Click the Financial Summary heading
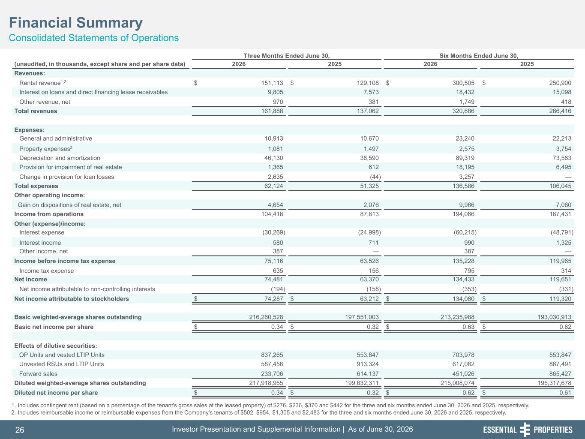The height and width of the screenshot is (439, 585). tap(76, 23)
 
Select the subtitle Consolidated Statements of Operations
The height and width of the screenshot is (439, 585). tap(94, 38)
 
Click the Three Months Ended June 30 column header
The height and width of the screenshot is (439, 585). tap(287, 56)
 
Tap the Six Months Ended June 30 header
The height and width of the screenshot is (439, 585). tap(479, 56)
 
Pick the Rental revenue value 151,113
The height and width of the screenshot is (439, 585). tap(272, 83)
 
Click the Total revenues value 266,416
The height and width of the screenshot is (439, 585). tap(560, 111)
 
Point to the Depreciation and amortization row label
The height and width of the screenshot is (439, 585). tap(60, 158)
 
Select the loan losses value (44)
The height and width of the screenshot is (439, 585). tap(375, 177)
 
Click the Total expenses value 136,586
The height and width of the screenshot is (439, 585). tap(463, 186)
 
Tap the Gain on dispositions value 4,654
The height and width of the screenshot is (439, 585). tap(275, 204)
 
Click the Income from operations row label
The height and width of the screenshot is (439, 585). tap(49, 214)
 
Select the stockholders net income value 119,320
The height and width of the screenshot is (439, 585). tap(560, 299)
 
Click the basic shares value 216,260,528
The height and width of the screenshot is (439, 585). tap(266, 317)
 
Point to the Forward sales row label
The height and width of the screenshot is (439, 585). tap(38, 374)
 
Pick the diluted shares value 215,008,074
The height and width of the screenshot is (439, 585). tap(457, 383)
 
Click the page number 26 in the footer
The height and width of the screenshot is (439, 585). tap(20, 430)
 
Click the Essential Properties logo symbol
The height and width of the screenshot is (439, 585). tap(525, 430)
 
